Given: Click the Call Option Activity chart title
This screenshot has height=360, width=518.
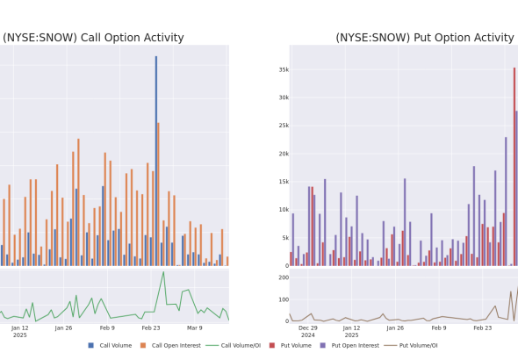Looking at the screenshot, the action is pos(93,38).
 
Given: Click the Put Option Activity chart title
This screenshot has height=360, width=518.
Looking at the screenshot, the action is pos(425,38).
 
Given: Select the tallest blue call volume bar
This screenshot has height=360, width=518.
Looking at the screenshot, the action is pos(156,161).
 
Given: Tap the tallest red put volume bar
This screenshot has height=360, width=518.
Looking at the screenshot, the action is pos(514,167).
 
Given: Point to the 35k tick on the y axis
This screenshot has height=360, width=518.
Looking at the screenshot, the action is pos(284,69).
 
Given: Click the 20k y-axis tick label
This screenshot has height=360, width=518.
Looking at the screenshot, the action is pos(284,154).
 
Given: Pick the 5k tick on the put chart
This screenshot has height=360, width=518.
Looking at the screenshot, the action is pos(285,238).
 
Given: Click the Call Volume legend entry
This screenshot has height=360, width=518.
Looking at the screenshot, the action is pos(110,345).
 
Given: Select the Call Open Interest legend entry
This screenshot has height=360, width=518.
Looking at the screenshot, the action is pos(170,345).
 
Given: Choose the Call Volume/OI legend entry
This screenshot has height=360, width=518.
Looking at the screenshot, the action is pos(234,345).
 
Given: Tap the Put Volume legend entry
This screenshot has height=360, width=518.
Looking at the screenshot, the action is pos(291,345).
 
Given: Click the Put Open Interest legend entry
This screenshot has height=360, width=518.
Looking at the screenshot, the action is pos(349,345).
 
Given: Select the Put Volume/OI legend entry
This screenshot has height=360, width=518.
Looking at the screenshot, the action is pos(411,345).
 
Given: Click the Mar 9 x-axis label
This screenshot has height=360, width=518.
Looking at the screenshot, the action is pos(195,328).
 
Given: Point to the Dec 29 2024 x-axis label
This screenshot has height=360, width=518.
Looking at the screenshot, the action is pos(308,332).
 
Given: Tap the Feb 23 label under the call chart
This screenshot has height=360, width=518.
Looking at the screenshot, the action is pos(151,328).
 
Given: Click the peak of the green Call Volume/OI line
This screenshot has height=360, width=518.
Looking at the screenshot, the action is pos(163,272).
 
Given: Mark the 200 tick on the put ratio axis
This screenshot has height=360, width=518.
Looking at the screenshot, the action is pos(284,277).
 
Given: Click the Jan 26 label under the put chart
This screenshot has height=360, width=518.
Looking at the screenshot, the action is pos(395,328).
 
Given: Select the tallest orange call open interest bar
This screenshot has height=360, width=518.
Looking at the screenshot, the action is pos(158,194).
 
